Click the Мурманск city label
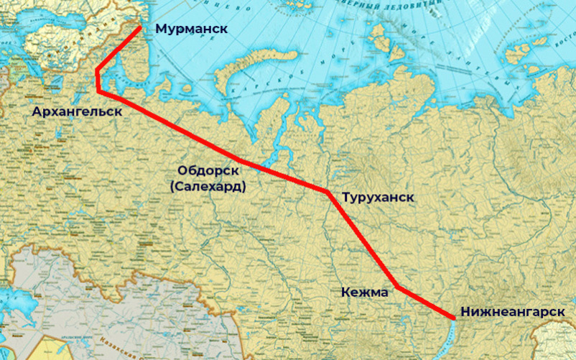pyautogui.click(x=191, y=29)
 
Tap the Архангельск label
pyautogui.click(x=76, y=111)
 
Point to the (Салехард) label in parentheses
pyautogui.click(x=208, y=186)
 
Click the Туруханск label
pyautogui.click(x=378, y=196)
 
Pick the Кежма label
pyautogui.click(x=364, y=292)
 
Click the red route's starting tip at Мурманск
pyautogui.click(x=139, y=28)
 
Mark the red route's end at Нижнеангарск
pyautogui.click(x=454, y=317)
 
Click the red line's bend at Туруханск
pyautogui.click(x=328, y=192)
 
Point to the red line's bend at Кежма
pyautogui.click(x=397, y=287)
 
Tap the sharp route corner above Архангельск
pyautogui.click(x=97, y=70)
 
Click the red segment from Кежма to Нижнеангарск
pyautogui.click(x=425, y=302)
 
